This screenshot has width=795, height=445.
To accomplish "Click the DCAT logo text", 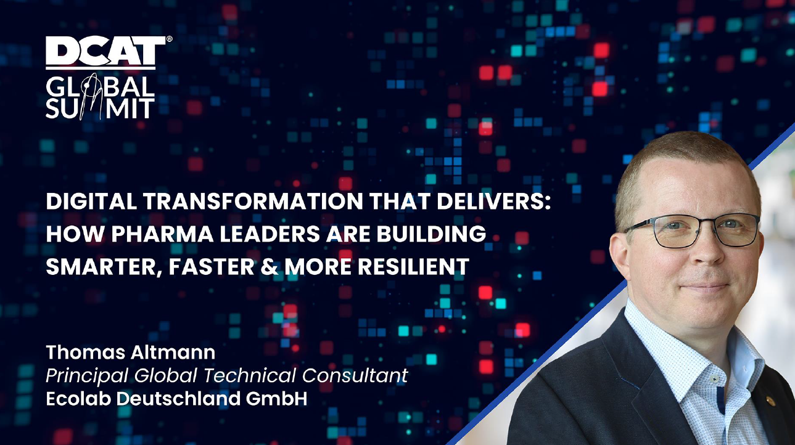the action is pos(105,51).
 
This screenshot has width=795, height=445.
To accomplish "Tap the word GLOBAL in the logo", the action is pos(100,87).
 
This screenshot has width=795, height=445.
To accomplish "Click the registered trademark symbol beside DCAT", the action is pos(169,39).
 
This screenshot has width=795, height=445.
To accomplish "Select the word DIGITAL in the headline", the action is pos(91,202).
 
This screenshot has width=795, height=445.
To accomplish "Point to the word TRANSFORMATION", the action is pos(253,202).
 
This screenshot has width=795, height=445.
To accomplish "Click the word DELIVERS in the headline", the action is pos(493,202).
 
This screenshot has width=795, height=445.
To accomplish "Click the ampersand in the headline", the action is pos(270,267).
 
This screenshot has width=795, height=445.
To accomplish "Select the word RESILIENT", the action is pos(413,267).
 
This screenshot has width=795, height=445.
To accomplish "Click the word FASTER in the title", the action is pos(211,267).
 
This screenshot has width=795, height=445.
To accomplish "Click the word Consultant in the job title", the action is pos(355,375).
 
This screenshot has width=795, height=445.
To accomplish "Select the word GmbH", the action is pos(276,399).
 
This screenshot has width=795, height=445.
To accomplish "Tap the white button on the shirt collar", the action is pos(714,379).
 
